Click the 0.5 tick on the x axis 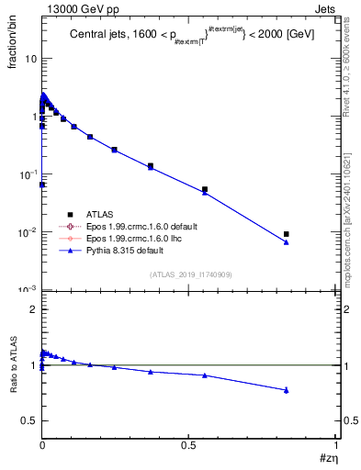pos(189,442)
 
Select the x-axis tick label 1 pos(336,442)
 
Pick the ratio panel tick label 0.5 pos(28,420)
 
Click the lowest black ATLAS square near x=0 pos(42,185)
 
